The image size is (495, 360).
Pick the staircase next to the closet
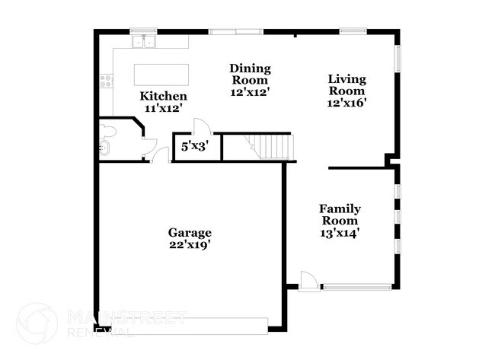[x=270, y=145]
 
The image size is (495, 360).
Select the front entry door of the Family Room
[x=308, y=279]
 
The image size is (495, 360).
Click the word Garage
[x=190, y=232]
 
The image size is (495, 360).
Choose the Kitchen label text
[x=163, y=97]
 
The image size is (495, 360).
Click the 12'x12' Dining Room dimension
[x=251, y=91]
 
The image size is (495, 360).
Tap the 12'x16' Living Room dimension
[x=346, y=102]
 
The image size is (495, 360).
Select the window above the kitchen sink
[x=142, y=30]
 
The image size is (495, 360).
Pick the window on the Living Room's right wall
[x=397, y=59]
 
